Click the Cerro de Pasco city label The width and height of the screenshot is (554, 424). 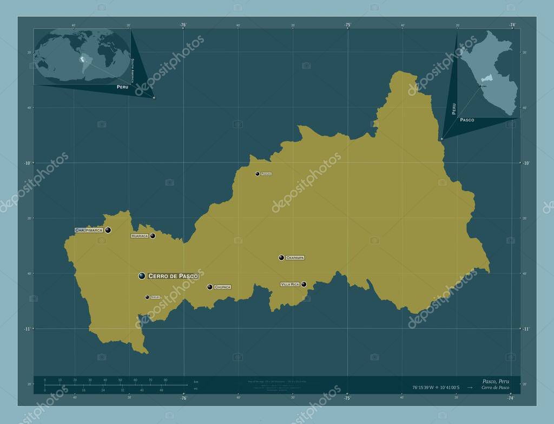pyautogui.click(x=173, y=276)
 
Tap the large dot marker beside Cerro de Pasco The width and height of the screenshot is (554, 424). pyautogui.click(x=142, y=276)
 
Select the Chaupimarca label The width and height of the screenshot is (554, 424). pyautogui.click(x=89, y=230)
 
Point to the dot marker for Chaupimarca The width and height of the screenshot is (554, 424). pyautogui.click(x=108, y=230)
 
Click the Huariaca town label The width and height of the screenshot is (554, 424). pyautogui.click(x=139, y=236)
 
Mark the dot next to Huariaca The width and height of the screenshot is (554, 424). pyautogui.click(x=153, y=236)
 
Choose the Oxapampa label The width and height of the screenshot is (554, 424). pyautogui.click(x=295, y=258)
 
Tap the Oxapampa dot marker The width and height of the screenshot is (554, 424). pyautogui.click(x=281, y=258)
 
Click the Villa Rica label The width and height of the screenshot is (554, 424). pyautogui.click(x=290, y=284)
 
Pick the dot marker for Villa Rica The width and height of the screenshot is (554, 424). pyautogui.click(x=304, y=284)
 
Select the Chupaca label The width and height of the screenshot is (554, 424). pyautogui.click(x=222, y=287)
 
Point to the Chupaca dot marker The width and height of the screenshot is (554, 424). pyautogui.click(x=209, y=287)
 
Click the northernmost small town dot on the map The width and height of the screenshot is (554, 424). pyautogui.click(x=258, y=174)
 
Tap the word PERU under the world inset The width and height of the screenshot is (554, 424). pyautogui.click(x=123, y=87)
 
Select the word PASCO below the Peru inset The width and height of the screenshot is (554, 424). pyautogui.click(x=467, y=120)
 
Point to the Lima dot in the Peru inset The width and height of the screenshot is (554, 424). pyautogui.click(x=480, y=86)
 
